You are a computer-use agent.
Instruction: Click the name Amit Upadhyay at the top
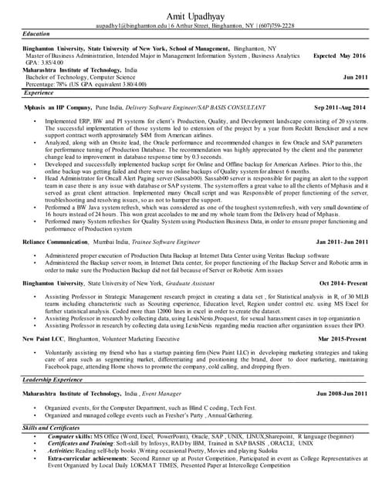point(191,15)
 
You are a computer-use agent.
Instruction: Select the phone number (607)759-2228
point(272,25)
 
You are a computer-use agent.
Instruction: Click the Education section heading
point(36,35)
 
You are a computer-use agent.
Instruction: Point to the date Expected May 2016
point(340,56)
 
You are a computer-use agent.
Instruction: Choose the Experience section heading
point(39,92)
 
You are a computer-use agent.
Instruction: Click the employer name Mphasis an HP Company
point(58,107)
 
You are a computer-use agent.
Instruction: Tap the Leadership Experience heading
point(52,380)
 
